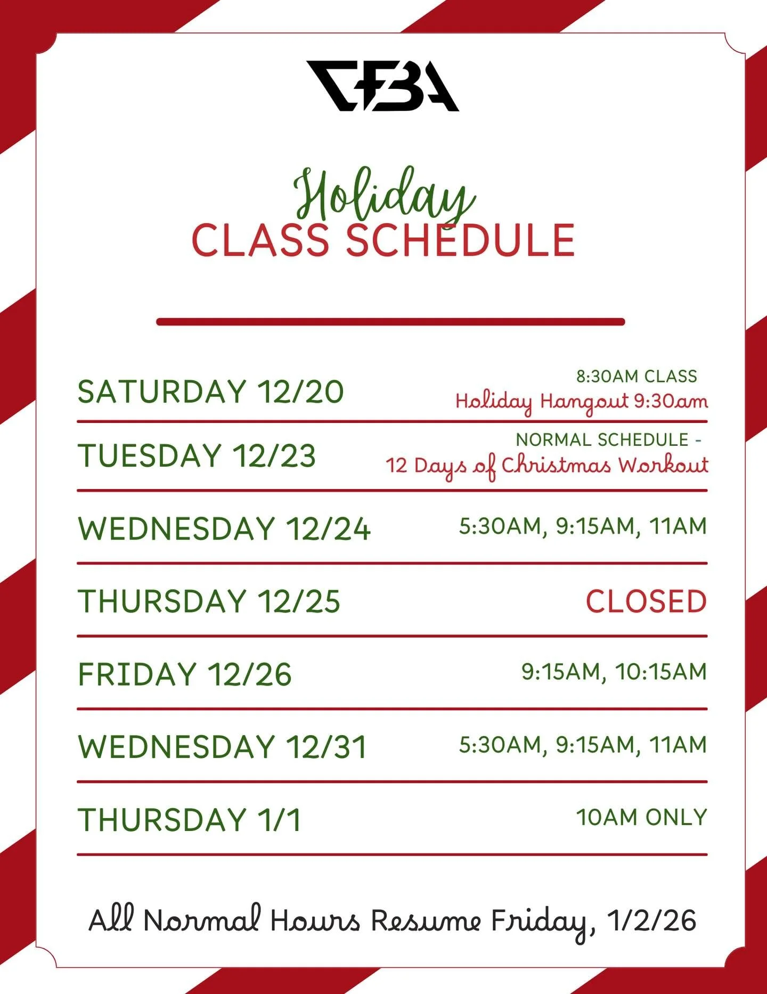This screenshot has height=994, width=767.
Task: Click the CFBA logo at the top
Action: (382, 86)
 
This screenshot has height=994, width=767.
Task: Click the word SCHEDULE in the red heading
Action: (460, 241)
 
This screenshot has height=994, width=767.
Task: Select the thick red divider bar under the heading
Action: (390, 322)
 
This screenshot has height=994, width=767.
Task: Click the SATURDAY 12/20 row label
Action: (210, 392)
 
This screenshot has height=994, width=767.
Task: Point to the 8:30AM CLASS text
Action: (637, 377)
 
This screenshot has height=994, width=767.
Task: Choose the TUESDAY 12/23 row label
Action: (197, 456)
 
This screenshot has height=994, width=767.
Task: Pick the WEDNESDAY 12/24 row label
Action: (224, 528)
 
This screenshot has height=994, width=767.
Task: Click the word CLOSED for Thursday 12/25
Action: (646, 601)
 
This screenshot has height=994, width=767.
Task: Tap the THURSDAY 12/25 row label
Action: (209, 601)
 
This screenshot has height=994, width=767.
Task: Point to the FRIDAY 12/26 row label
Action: (185, 674)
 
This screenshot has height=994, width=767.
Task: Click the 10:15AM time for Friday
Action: (662, 672)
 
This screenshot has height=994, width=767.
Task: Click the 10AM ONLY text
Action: (642, 817)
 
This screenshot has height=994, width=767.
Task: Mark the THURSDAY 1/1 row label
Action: (190, 819)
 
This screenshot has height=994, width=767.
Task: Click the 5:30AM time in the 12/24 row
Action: (501, 526)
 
